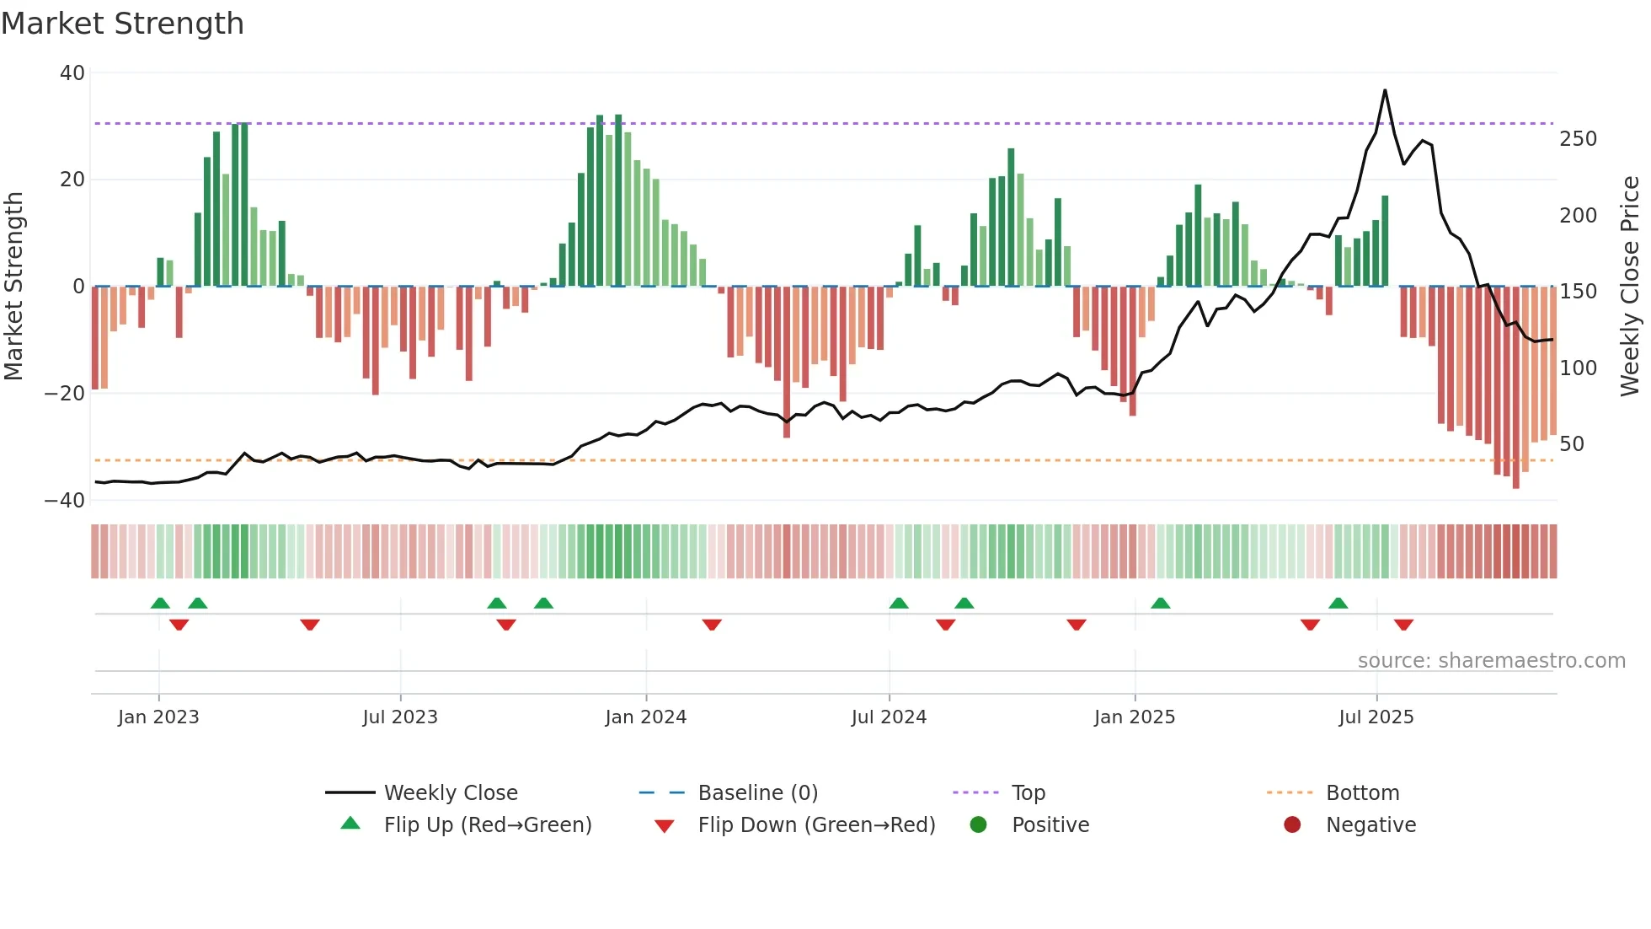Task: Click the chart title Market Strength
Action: coord(122,24)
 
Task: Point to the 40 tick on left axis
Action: coord(72,73)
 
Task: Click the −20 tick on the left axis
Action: coord(65,394)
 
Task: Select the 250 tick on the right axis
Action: coord(1578,139)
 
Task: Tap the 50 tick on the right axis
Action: coord(1572,444)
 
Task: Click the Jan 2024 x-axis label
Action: coord(645,717)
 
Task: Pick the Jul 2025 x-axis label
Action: coord(1376,717)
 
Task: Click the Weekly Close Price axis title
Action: coord(1630,287)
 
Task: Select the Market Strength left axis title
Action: coord(13,287)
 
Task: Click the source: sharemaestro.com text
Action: coord(1491,661)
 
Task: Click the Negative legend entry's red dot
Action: coord(1292,825)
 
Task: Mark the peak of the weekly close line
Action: coord(1385,90)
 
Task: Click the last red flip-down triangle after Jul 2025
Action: coord(1403,625)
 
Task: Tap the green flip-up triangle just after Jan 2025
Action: coord(1160,603)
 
